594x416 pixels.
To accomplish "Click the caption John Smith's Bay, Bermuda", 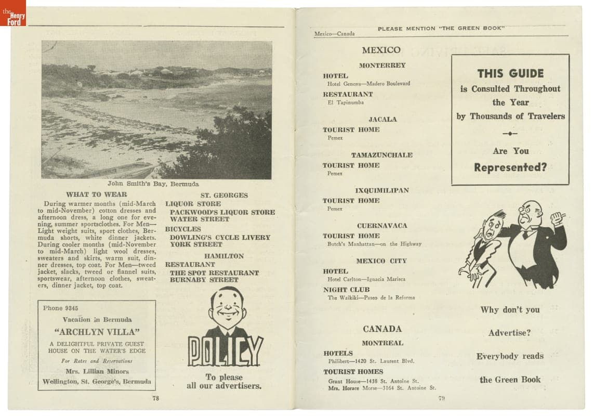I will (153, 184).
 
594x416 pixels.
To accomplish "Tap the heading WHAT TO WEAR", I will (97, 194).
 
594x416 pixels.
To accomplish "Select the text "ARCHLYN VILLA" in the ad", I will (97, 332).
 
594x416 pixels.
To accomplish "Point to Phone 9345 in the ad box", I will (60, 308).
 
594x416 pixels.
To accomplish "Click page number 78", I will (155, 398).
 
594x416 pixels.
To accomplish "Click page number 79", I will (442, 399).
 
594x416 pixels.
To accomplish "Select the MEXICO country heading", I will (381, 50).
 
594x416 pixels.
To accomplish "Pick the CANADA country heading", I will (382, 329).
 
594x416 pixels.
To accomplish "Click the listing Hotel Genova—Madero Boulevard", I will (368, 84).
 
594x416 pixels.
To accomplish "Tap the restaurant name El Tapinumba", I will (346, 102).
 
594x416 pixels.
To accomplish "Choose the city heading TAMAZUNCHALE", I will (381, 155).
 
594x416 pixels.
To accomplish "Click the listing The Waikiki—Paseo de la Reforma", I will (371, 298).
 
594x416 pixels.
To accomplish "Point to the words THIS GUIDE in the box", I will (510, 73).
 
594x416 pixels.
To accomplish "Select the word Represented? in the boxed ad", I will (510, 167).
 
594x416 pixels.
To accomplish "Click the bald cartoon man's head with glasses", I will (530, 214).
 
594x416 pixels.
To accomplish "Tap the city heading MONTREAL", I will (382, 343).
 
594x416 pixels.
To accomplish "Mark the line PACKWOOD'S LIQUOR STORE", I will (222, 212).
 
